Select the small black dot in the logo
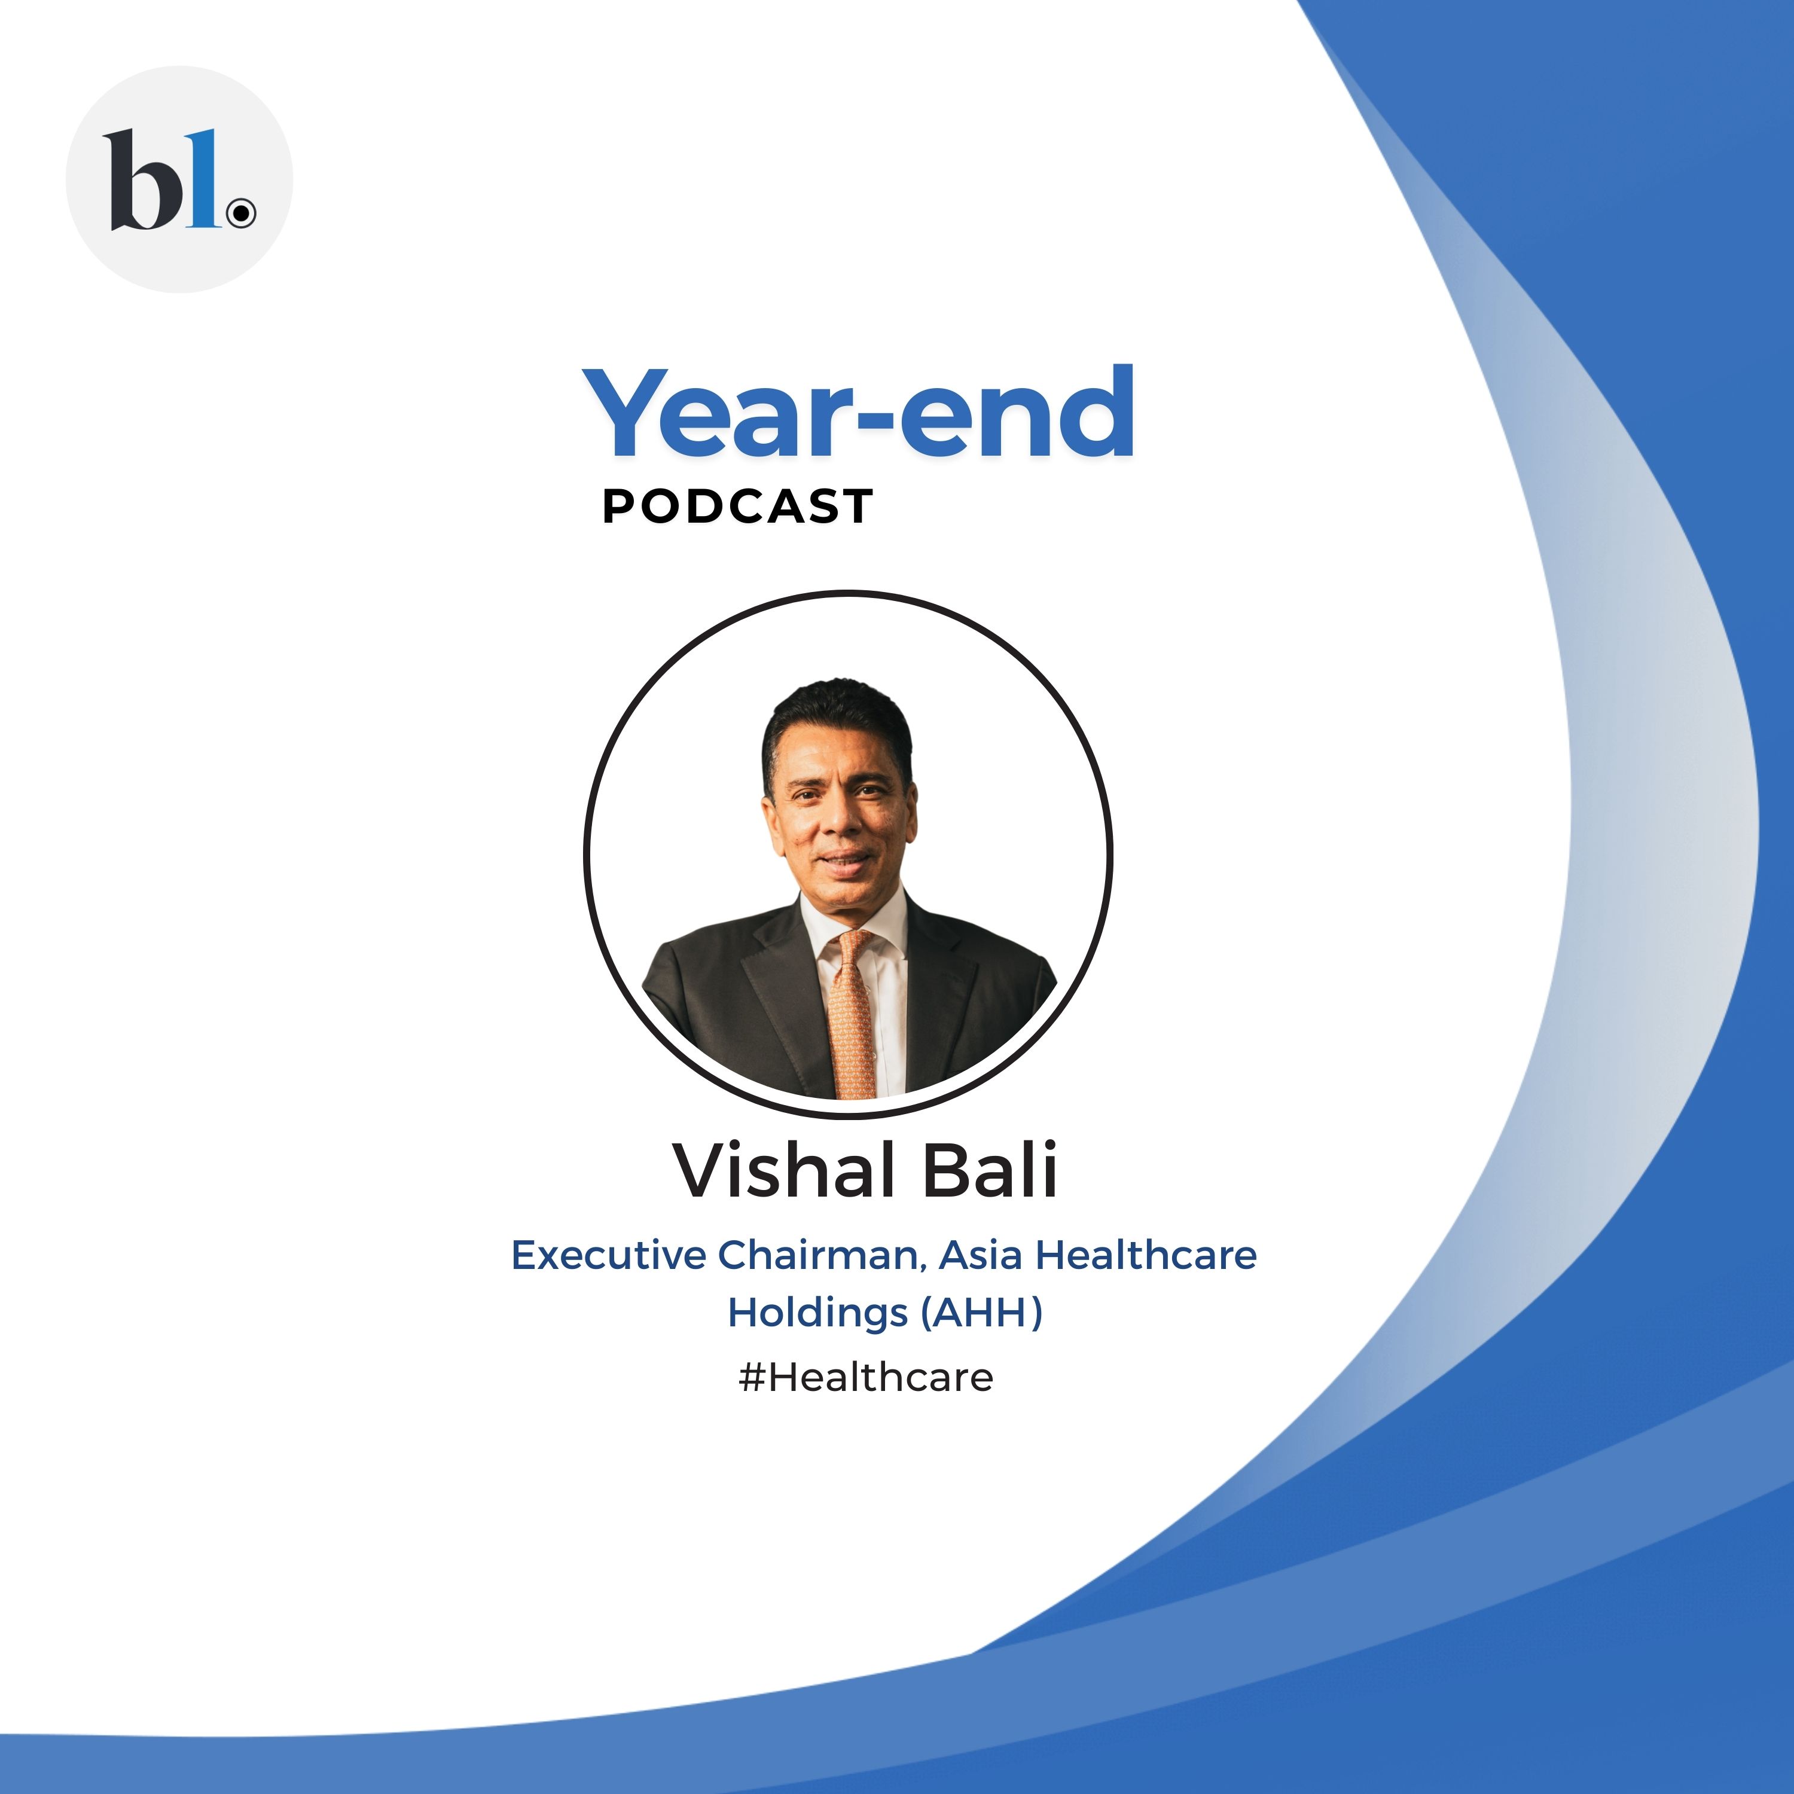[242, 213]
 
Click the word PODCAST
[737, 507]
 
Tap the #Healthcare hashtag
[865, 1377]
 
